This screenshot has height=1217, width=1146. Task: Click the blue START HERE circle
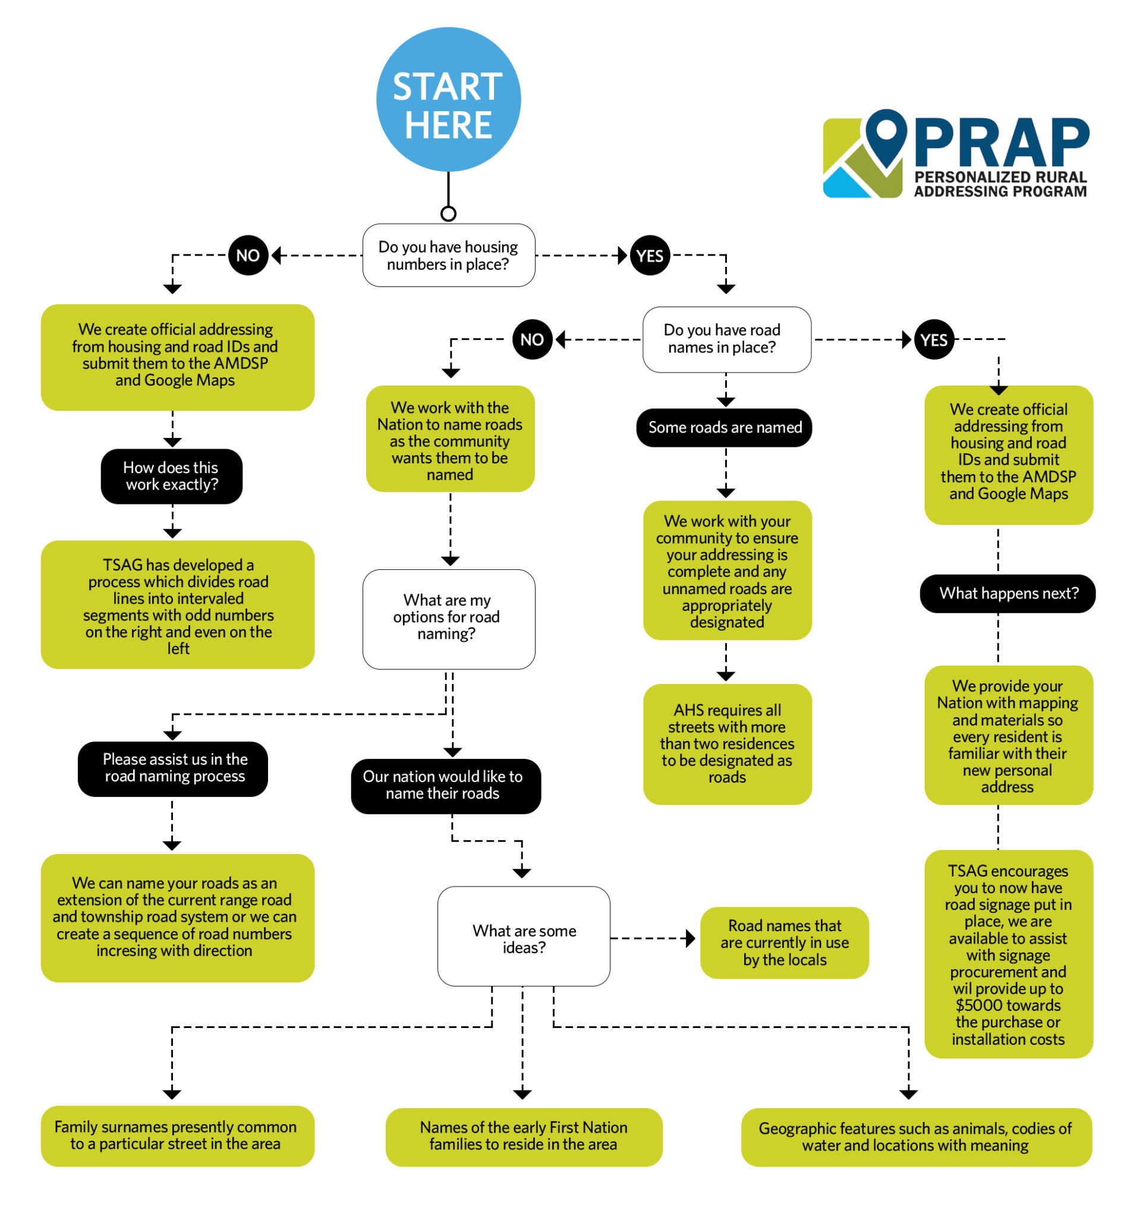click(x=448, y=100)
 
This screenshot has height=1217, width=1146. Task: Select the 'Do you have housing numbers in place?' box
click(x=448, y=256)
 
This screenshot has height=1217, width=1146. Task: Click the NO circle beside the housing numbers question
click(x=248, y=256)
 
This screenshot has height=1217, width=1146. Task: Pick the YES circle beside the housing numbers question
click(x=650, y=256)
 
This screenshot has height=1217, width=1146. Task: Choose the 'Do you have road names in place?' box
click(x=726, y=339)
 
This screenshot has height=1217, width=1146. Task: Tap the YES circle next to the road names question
click(x=934, y=339)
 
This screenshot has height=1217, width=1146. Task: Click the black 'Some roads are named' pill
click(x=724, y=427)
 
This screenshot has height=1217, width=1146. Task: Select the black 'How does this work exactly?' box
click(x=171, y=476)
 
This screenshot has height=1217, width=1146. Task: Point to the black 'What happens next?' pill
click(x=1008, y=593)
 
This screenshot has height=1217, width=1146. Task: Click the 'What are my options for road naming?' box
click(x=448, y=618)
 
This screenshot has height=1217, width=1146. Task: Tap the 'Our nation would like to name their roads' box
click(x=445, y=786)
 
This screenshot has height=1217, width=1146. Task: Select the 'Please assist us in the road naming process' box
click(x=172, y=768)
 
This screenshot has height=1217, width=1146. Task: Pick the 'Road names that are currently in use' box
click(x=784, y=942)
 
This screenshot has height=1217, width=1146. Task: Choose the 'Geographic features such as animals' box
click(x=916, y=1137)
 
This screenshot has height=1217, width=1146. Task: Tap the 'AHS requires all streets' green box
click(x=727, y=743)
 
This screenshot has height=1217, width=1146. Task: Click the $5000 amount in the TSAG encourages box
click(x=1008, y=1006)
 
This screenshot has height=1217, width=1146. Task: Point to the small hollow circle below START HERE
click(x=448, y=214)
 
